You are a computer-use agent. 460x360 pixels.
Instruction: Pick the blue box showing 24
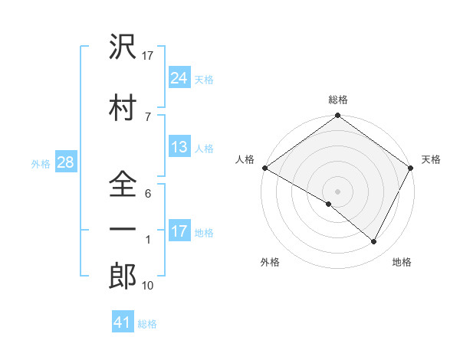point(179,77)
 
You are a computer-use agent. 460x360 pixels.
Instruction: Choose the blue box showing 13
point(179,148)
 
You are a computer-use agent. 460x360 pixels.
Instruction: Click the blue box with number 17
point(179,231)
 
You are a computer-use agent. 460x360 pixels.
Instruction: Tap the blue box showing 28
point(65,163)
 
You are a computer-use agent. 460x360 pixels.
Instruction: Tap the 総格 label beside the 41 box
point(147,324)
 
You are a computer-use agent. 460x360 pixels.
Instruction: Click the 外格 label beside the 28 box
point(41,164)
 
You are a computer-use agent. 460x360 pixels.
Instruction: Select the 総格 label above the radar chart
point(338,100)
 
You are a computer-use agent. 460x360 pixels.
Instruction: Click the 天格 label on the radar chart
point(431,159)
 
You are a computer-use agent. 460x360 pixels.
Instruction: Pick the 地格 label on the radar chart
point(402,262)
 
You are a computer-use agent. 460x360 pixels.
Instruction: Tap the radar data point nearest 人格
point(264,168)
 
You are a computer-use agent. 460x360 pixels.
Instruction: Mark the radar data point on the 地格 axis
point(374,242)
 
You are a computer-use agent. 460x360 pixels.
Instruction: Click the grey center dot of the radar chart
point(337,191)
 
